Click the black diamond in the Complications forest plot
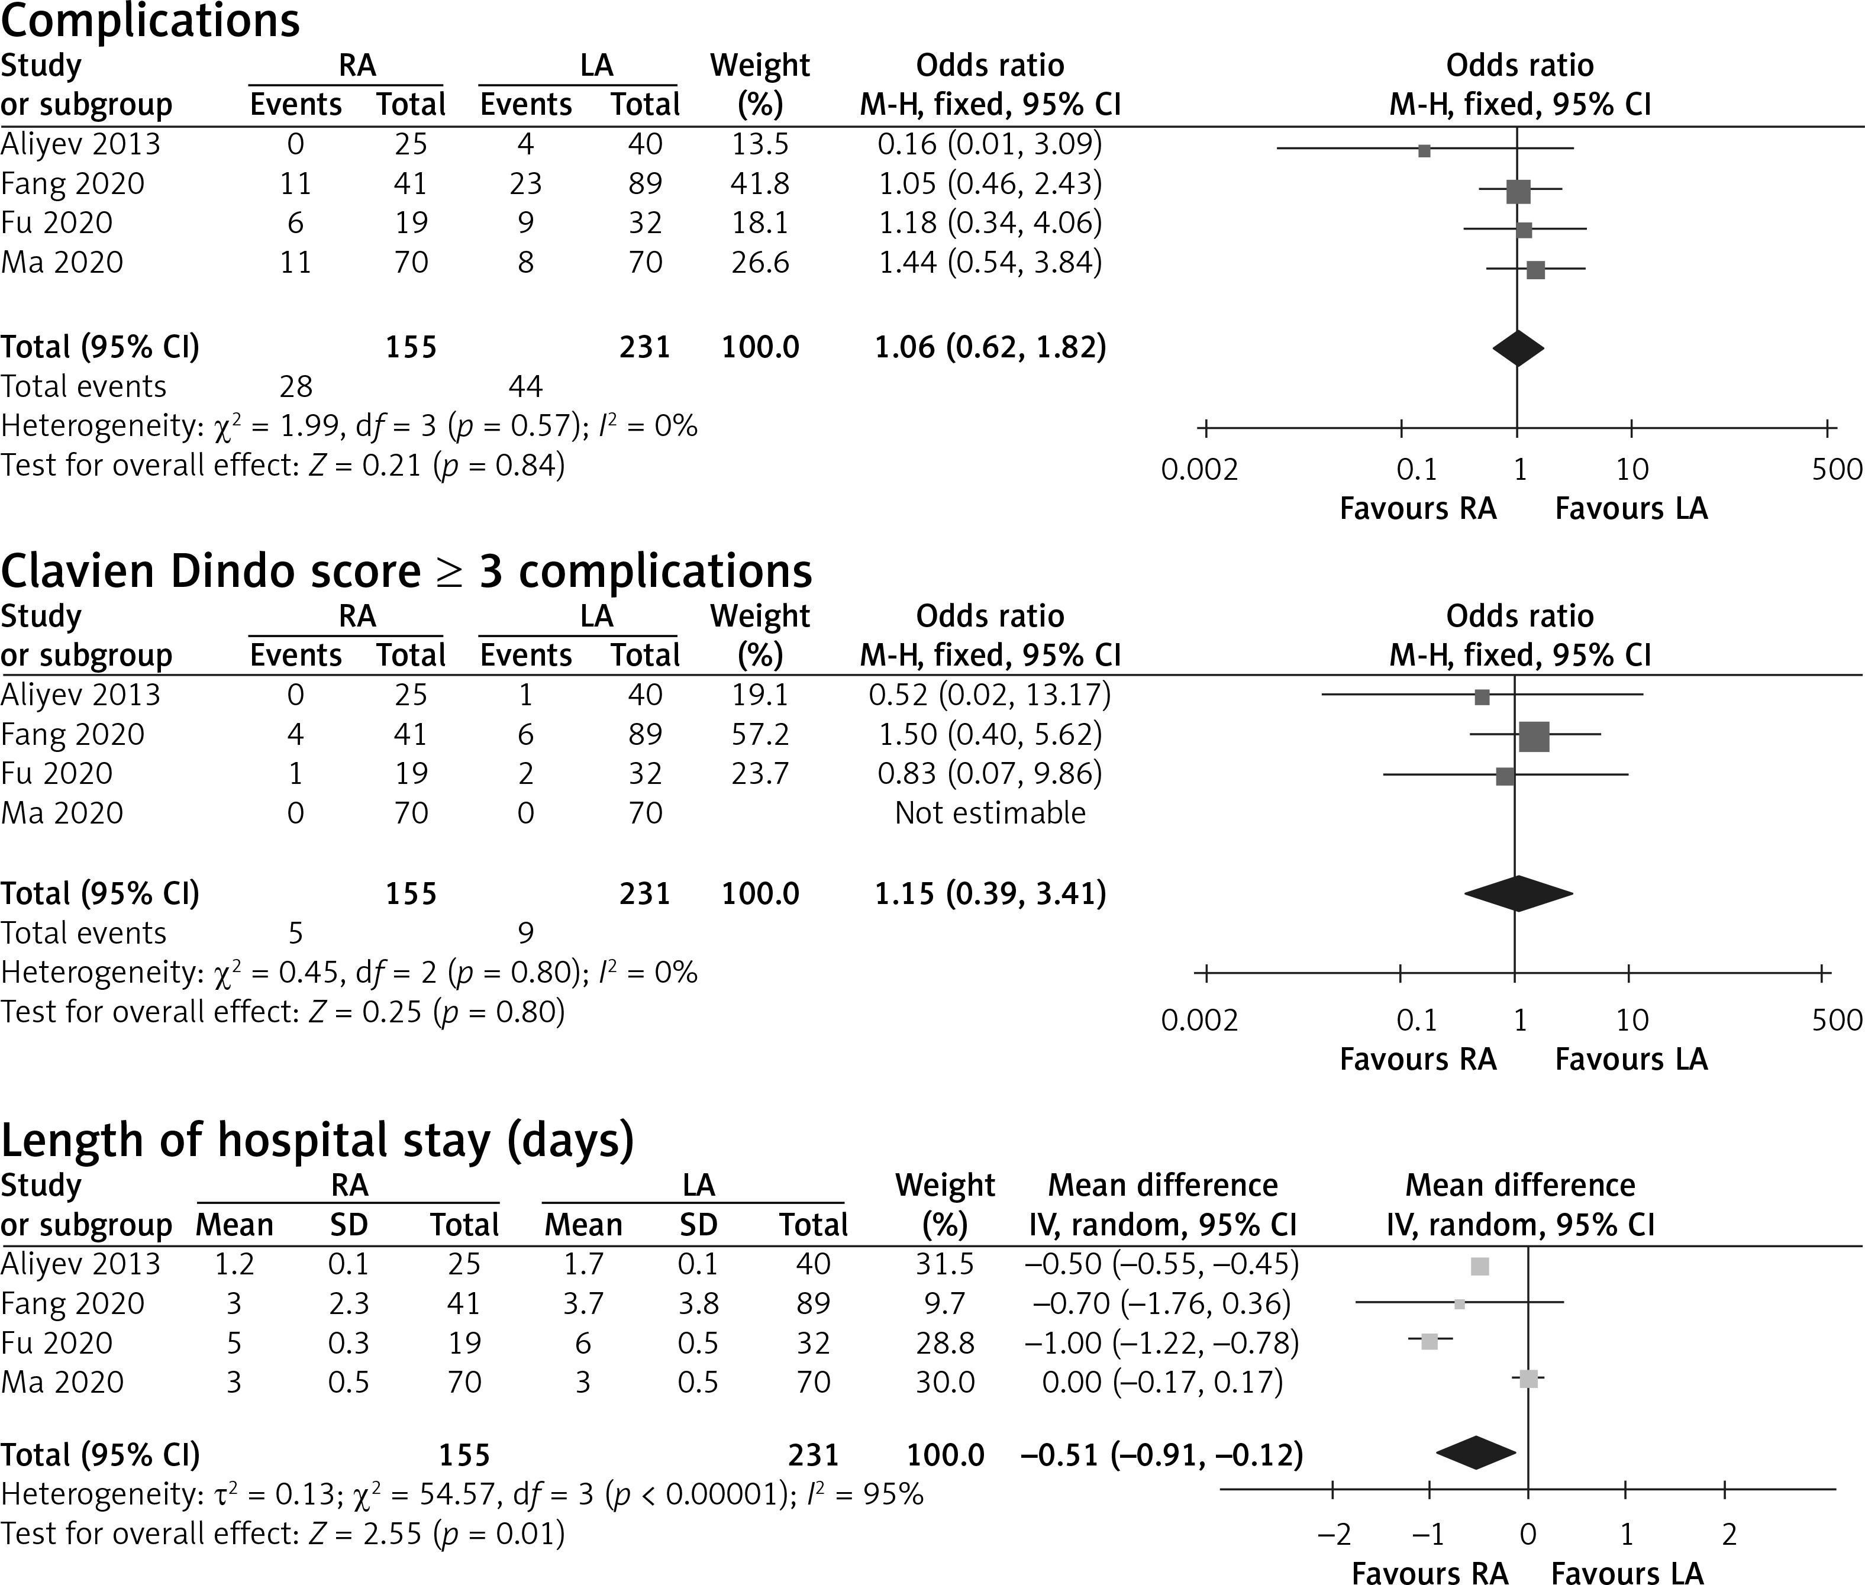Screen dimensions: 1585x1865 pos(1517,348)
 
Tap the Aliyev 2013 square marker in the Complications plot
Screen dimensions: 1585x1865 pos(1424,151)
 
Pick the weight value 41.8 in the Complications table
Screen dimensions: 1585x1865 pos(760,183)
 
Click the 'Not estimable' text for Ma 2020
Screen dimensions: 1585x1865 pos(990,813)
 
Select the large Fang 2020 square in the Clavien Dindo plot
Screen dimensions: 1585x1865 pos(1534,737)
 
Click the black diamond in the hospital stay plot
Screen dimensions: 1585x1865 pos(1476,1453)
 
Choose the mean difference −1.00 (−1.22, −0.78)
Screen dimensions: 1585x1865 pos(1161,1343)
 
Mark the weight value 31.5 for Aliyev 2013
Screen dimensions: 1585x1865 pos(945,1264)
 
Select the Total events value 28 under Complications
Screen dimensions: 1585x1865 pos(296,386)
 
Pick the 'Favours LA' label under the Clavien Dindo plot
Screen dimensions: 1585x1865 pos(1631,1060)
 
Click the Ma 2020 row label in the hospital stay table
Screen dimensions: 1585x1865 pos(62,1382)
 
